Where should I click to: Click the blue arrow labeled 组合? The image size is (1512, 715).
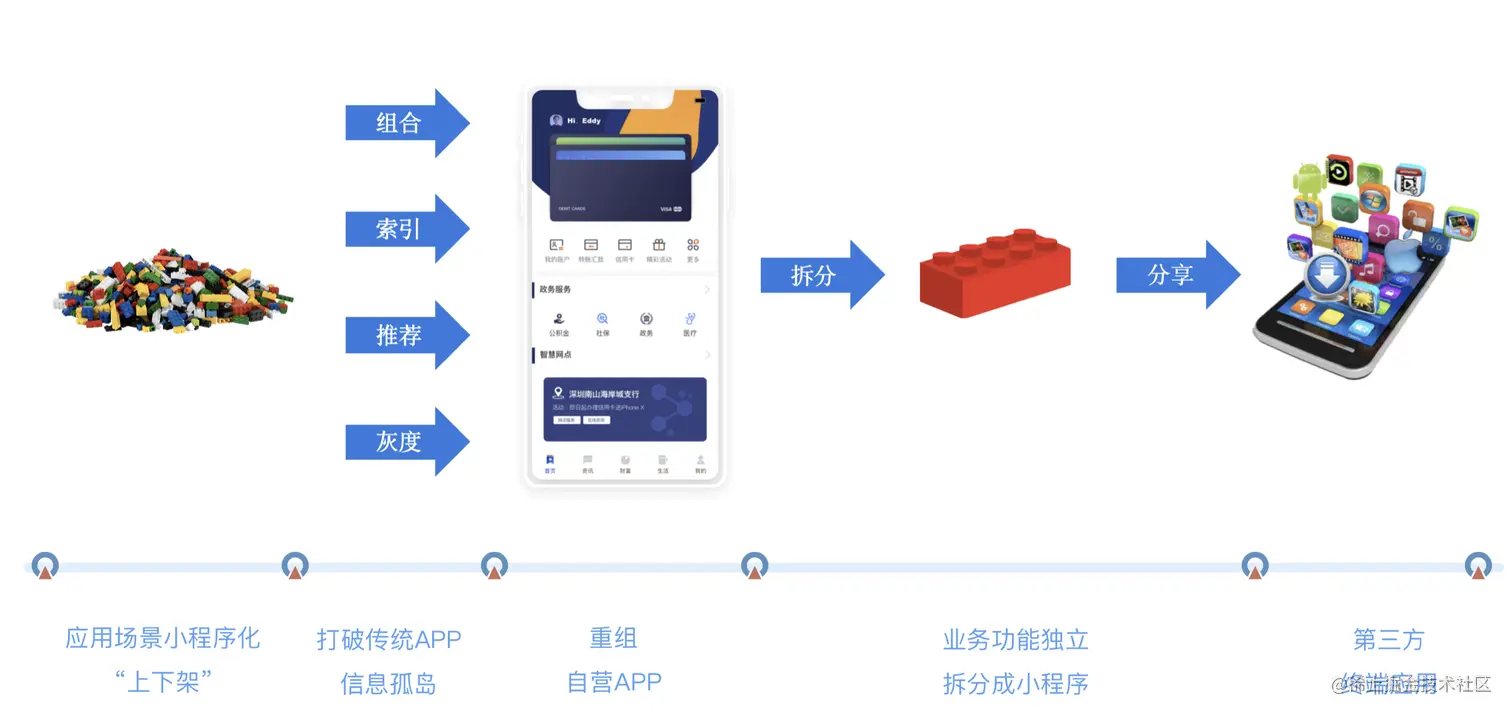405,123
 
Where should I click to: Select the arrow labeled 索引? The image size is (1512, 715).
405,229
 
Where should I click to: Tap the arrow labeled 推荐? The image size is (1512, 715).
405,335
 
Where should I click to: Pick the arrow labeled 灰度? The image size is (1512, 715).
405,441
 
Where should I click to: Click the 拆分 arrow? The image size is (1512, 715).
820,275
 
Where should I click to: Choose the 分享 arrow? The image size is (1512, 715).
1176,275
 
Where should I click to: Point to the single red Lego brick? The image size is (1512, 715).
994,273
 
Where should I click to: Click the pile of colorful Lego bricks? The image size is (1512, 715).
173,290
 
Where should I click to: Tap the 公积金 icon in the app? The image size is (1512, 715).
558,322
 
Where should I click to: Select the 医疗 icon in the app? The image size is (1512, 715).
690,322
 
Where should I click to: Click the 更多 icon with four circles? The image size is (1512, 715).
693,247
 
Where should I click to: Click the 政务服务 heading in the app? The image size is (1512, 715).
556,290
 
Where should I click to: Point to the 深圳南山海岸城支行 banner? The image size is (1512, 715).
625,409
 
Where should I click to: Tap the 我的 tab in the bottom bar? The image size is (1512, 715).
700,464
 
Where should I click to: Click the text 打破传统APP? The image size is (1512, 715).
389,639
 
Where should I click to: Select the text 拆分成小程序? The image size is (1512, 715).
1015,684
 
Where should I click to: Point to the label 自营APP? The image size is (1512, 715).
614,682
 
